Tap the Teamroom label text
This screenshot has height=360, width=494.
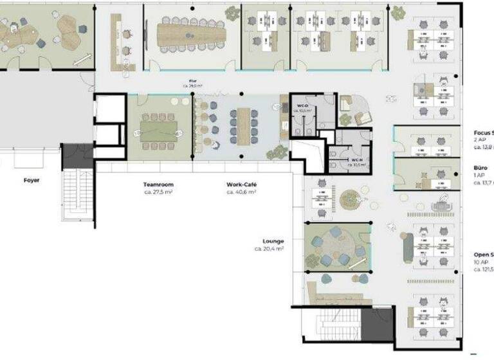click(x=158, y=184)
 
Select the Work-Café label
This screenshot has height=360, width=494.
click(x=241, y=184)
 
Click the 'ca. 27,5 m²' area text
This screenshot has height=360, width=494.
click(x=158, y=192)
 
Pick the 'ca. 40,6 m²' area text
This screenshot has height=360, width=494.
click(x=241, y=192)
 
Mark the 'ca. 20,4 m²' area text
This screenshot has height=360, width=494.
click(x=269, y=248)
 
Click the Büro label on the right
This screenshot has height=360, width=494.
click(x=480, y=168)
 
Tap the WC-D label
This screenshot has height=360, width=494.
click(x=302, y=105)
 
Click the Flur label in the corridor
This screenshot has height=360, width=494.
click(x=193, y=80)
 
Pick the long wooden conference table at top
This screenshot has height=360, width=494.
click(x=192, y=35)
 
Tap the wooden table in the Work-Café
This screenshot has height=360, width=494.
click(x=244, y=126)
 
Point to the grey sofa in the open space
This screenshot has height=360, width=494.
click(x=408, y=248)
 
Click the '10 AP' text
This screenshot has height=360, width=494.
click(x=480, y=262)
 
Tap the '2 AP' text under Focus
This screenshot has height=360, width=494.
click(x=480, y=140)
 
